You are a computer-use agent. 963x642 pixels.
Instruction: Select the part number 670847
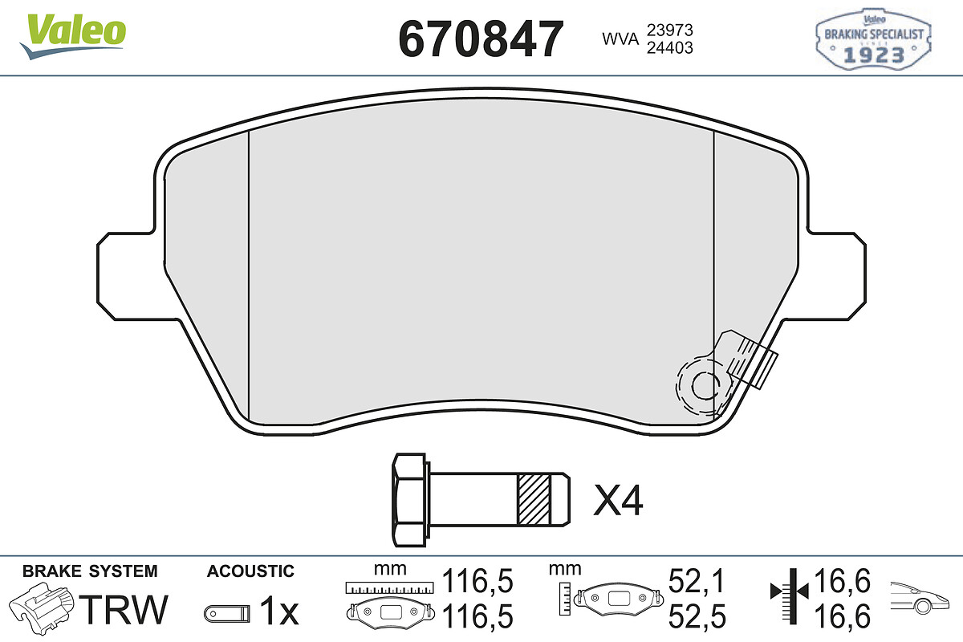(x=481, y=39)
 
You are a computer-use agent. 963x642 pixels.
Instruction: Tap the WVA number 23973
(x=670, y=30)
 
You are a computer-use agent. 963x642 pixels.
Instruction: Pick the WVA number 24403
(x=670, y=47)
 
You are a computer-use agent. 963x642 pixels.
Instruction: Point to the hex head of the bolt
(x=410, y=500)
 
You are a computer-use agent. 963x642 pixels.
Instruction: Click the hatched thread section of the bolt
(x=534, y=500)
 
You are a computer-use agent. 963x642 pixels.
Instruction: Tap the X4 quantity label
(x=618, y=500)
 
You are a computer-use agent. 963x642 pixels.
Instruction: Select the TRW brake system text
(x=124, y=610)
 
